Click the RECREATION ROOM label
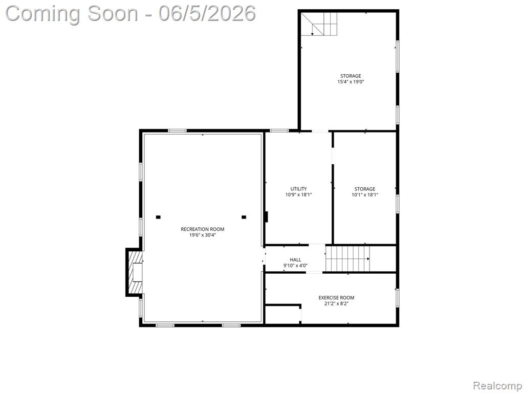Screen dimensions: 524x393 point(203,229)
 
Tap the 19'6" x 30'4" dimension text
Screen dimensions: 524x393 point(203,235)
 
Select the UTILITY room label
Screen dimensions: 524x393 point(298,189)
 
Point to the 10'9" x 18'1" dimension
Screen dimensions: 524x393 point(298,195)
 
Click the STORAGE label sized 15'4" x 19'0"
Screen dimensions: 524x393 point(351,76)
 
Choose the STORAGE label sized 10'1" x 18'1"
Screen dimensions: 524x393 point(364,189)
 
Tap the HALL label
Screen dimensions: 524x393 point(295,259)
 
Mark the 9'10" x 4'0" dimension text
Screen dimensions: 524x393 point(295,266)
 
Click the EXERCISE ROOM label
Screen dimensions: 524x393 point(336,298)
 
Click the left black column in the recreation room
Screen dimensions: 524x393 point(159,217)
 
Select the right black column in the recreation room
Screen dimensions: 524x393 point(244,217)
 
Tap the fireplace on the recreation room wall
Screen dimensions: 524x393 point(135,272)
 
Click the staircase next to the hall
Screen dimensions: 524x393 point(348,259)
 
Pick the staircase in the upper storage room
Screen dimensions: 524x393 point(319,24)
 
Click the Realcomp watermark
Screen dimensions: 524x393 point(497,386)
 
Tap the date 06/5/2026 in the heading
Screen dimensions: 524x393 point(207,14)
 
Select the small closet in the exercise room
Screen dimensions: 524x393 point(282,314)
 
